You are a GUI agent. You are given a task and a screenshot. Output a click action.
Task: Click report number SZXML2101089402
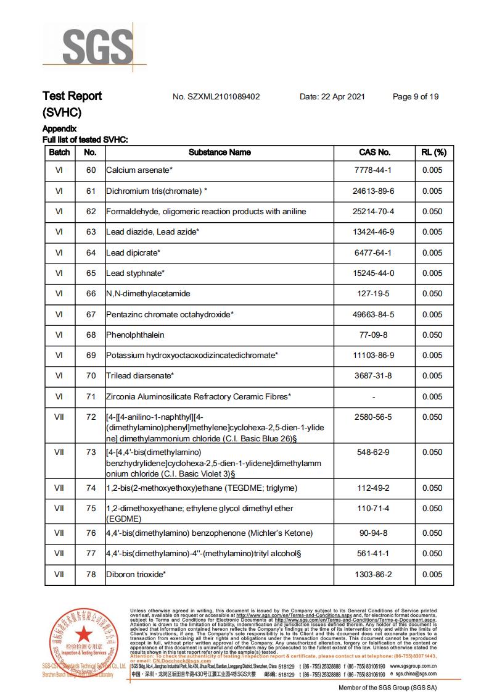(x=216, y=97)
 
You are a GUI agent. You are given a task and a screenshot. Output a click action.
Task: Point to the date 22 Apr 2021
(x=332, y=97)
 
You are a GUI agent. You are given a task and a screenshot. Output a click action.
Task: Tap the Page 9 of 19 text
(x=416, y=97)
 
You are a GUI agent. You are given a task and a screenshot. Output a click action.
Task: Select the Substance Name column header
(x=220, y=152)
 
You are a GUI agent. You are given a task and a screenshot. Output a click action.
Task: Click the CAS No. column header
(x=374, y=152)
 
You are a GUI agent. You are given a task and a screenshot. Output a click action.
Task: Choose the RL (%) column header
(x=433, y=152)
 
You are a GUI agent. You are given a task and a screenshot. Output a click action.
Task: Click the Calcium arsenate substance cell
(x=139, y=170)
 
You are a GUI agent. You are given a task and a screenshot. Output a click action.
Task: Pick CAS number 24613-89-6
(x=374, y=191)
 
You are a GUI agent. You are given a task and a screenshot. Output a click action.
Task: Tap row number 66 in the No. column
(x=91, y=294)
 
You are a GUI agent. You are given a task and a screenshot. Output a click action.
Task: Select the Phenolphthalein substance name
(x=136, y=335)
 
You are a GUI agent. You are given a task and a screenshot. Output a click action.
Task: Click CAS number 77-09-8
(x=374, y=335)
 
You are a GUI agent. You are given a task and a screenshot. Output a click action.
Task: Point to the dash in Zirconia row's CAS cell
(x=374, y=397)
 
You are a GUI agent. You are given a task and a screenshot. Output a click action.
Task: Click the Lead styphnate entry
(x=135, y=273)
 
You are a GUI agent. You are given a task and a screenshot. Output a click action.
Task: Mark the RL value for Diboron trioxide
(x=432, y=575)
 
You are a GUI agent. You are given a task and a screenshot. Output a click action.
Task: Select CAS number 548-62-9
(x=374, y=452)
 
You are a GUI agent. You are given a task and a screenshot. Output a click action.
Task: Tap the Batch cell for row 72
(x=59, y=417)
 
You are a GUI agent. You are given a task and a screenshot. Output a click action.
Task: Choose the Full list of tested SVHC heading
(x=85, y=140)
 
